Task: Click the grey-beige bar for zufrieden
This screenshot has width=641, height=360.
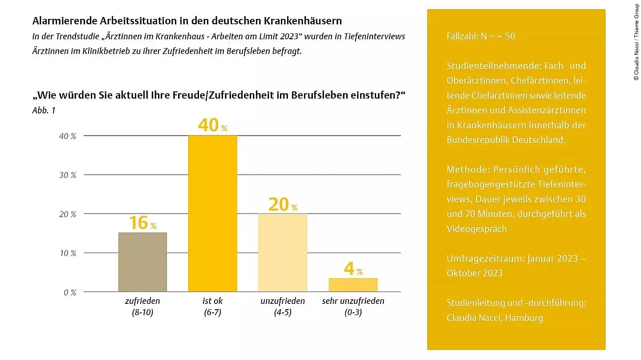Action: [142, 262]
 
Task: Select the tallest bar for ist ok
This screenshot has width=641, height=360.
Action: [213, 214]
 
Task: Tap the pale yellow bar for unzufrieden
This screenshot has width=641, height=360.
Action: [283, 253]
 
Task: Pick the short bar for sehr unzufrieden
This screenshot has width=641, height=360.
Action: [353, 285]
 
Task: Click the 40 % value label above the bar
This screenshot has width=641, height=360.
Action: [212, 125]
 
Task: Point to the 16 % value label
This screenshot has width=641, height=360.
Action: [142, 223]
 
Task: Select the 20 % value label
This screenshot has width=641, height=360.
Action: [283, 205]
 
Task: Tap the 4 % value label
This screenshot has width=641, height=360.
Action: [353, 269]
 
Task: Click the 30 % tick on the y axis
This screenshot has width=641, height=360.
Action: [68, 175]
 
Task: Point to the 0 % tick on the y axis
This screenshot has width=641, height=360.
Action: [69, 292]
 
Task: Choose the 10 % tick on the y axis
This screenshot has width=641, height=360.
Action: [68, 253]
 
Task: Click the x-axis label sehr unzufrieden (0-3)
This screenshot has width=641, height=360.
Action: [353, 307]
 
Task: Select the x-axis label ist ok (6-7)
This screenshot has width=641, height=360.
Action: [212, 307]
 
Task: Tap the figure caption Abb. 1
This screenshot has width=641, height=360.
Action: [44, 110]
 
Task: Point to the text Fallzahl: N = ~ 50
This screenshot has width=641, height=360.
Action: [481, 36]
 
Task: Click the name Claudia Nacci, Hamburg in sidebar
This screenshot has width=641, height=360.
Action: [495, 318]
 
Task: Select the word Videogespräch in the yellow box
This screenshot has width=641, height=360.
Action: [476, 229]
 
